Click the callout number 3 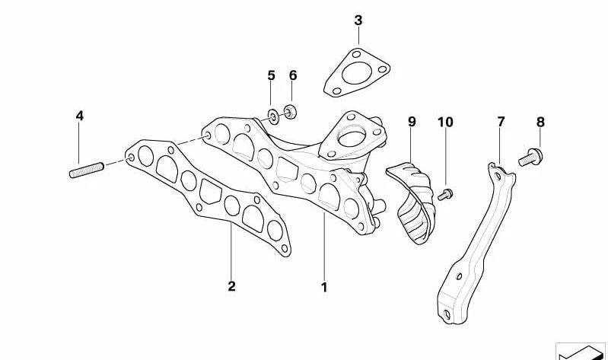point(358,21)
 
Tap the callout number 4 point(79,116)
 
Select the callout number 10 point(445,123)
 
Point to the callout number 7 point(501,122)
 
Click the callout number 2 point(231,286)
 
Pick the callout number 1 point(324,288)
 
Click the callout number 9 point(412,122)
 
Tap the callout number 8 point(540,123)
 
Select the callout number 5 point(271,75)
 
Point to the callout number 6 point(293,75)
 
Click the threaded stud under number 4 point(87,170)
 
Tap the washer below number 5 point(273,116)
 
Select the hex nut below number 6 point(290,112)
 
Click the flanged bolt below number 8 point(531,158)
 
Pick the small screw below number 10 point(445,194)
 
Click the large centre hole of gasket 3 point(356,73)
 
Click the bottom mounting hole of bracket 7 point(447,314)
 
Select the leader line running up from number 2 point(231,250)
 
